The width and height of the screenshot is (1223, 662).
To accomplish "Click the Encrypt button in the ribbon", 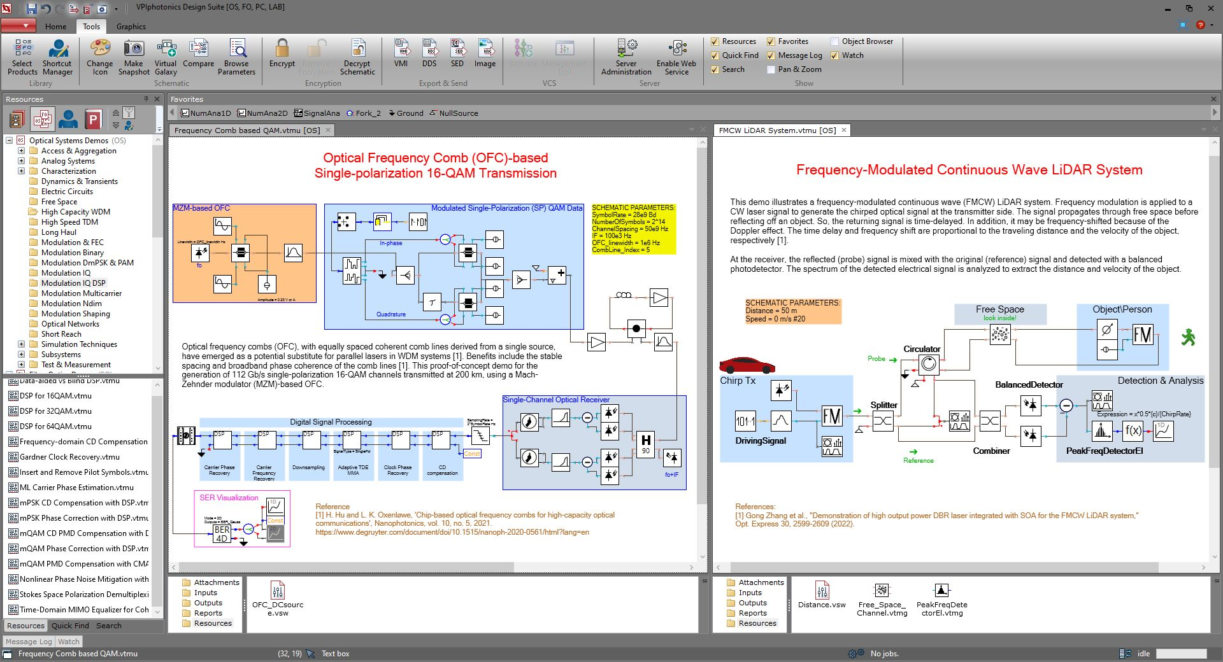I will (x=282, y=55).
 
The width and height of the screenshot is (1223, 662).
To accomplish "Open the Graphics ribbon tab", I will (x=131, y=27).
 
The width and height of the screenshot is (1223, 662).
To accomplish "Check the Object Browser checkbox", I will (x=834, y=41).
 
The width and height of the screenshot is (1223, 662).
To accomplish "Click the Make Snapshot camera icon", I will (x=134, y=49).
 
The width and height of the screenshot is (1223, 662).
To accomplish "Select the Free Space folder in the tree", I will (x=59, y=202).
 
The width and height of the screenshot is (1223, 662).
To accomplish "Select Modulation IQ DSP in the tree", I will (x=73, y=283).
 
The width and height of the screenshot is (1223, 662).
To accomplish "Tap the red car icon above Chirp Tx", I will (x=747, y=365).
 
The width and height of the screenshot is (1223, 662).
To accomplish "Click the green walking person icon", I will (x=1188, y=337).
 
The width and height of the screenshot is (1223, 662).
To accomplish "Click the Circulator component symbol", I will (x=929, y=363).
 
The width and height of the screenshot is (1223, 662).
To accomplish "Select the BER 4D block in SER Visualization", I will (x=222, y=533).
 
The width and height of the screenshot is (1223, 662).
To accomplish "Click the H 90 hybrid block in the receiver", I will (x=645, y=444).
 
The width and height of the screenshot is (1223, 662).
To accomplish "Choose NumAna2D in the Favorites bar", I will (x=262, y=113).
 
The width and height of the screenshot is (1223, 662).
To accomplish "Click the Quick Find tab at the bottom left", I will (x=70, y=626).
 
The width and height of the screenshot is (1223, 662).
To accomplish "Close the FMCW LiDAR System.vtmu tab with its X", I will (x=844, y=130).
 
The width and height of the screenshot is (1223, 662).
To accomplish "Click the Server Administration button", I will (x=626, y=57).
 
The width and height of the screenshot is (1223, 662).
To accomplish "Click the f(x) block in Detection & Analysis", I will (x=1133, y=431).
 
